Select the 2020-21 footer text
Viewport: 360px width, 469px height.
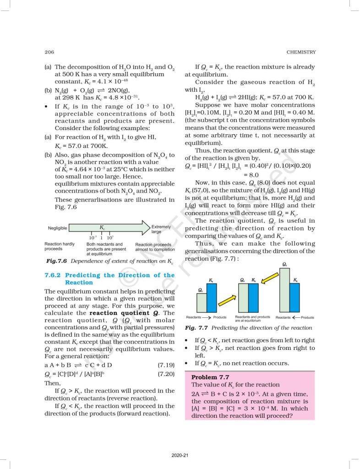(x=180, y=455)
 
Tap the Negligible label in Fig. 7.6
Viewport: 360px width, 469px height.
(x=58, y=228)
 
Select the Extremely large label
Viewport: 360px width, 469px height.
(x=161, y=229)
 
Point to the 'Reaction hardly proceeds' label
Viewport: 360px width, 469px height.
(x=59, y=246)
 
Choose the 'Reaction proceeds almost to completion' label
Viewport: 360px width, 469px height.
(x=155, y=247)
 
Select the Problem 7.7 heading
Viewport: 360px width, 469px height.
(x=210, y=377)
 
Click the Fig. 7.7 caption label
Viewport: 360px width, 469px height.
(x=197, y=328)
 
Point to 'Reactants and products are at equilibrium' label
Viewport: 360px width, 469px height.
(x=252, y=319)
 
